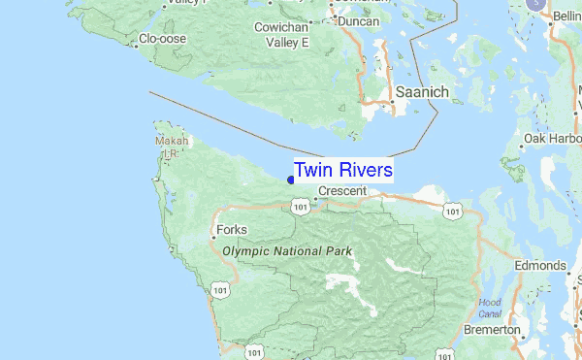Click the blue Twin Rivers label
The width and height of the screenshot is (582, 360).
tap(343, 170)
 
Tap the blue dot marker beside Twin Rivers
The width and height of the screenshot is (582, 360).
tap(291, 178)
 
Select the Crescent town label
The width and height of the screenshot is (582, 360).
tap(342, 191)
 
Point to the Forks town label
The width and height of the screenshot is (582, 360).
tap(232, 230)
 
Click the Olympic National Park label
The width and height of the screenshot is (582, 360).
tap(286, 250)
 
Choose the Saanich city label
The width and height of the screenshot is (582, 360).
tap(422, 91)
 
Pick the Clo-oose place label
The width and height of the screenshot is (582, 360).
tap(163, 40)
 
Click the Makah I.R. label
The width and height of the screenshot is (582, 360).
tap(168, 146)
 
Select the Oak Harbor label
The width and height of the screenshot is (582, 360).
tap(552, 139)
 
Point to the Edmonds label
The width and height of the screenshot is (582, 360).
tap(540, 266)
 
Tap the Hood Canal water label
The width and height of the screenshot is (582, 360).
tap(491, 308)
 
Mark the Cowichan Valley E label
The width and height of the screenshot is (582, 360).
tap(281, 36)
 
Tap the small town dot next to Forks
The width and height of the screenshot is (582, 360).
tap(213, 234)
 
